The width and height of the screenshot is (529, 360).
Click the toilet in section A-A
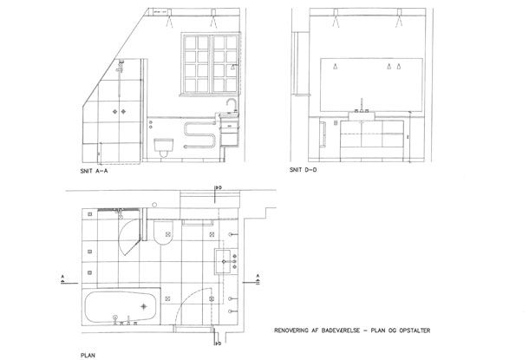pos(163,147)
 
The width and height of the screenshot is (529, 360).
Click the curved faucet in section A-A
pos(231,106)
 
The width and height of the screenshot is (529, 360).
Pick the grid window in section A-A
pos(207,62)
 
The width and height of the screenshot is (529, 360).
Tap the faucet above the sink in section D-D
pos(362,110)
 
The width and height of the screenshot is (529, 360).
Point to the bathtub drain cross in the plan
pos(143,307)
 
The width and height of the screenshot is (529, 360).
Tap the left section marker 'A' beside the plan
pos(63,278)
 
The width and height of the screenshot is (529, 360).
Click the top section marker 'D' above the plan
pos(219,187)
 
